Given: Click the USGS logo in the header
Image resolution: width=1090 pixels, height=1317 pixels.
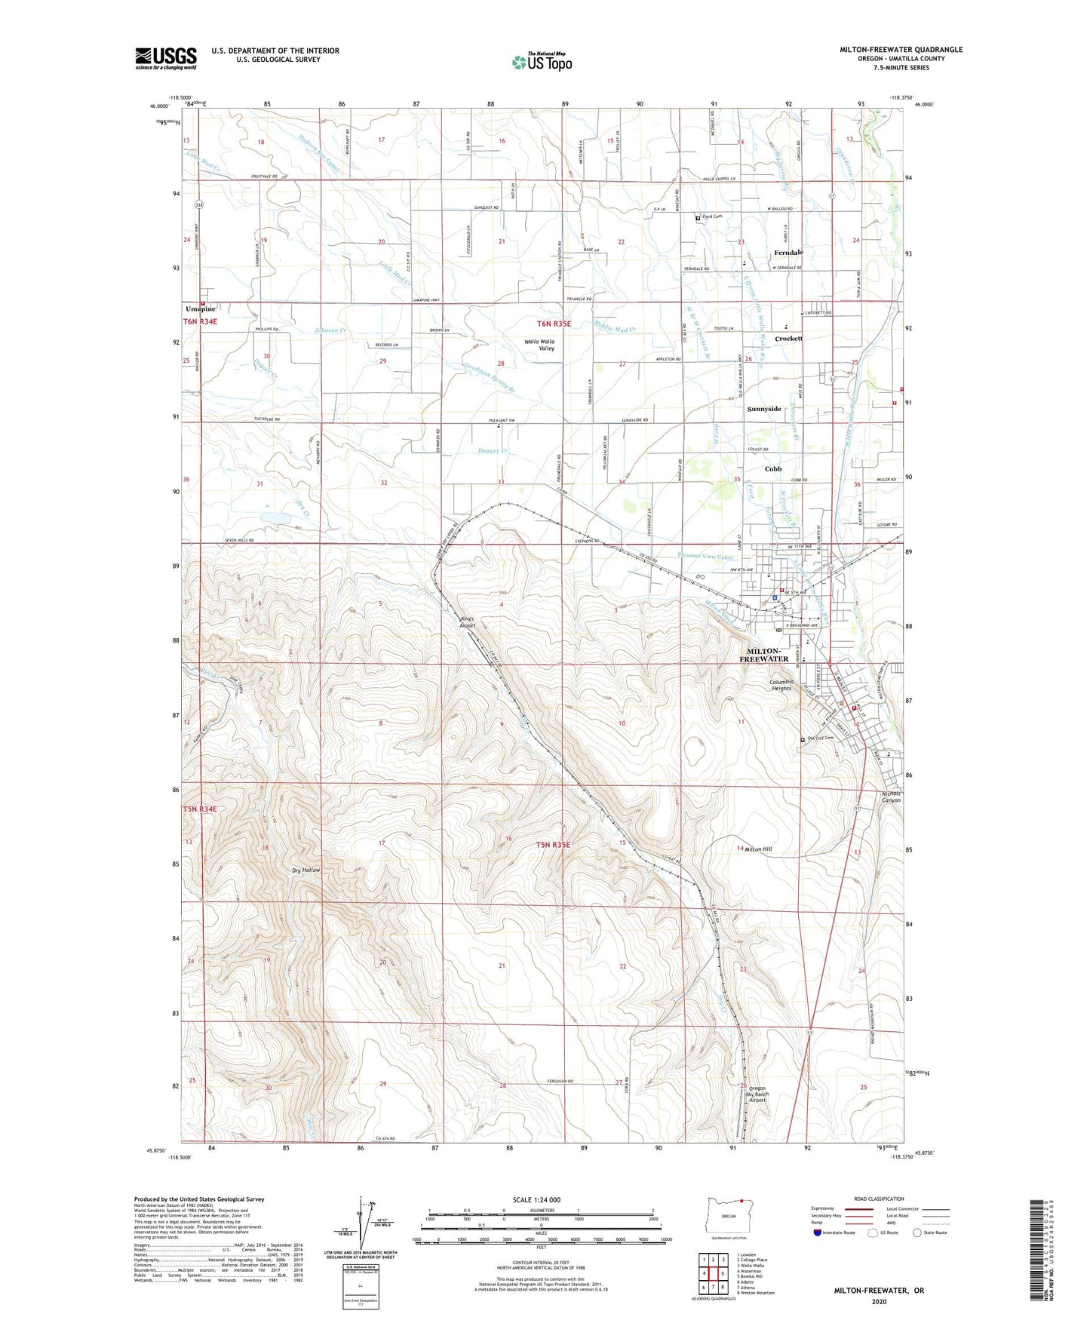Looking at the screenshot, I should pyautogui.click(x=166, y=58).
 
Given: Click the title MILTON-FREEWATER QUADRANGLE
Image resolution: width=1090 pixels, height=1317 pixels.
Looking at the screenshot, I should pyautogui.click(x=901, y=50).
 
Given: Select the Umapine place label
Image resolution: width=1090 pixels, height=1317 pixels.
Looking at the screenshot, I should pyautogui.click(x=201, y=309).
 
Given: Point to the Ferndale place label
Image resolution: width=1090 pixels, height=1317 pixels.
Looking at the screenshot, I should pyautogui.click(x=788, y=253).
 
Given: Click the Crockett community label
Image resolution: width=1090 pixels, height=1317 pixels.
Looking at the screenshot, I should pyautogui.click(x=788, y=339).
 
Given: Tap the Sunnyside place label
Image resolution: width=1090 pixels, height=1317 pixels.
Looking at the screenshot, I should pyautogui.click(x=764, y=409).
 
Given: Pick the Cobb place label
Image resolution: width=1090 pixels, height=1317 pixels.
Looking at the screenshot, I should pyautogui.click(x=773, y=469).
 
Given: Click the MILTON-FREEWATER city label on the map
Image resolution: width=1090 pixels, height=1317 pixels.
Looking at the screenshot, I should pyautogui.click(x=767, y=655).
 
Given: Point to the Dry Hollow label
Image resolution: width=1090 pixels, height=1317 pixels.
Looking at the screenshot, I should pyautogui.click(x=306, y=870).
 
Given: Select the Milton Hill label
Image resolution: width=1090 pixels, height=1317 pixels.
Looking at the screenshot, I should pyautogui.click(x=758, y=849).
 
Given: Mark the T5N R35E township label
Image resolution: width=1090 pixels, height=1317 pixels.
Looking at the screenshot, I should pyautogui.click(x=553, y=846).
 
